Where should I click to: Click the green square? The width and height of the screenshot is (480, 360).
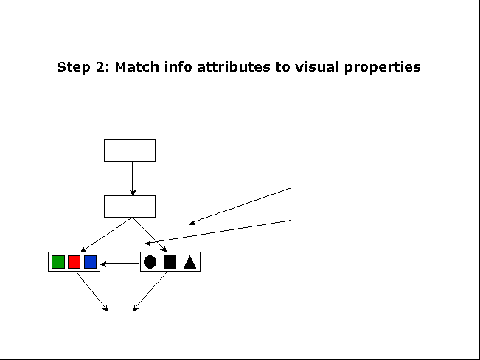tap(58, 262)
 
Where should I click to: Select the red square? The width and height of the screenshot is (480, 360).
tap(74, 262)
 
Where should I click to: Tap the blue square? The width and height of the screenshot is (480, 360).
tap(90, 262)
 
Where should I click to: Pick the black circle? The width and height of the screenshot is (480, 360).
tap(150, 262)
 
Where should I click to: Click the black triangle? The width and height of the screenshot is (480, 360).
tap(189, 262)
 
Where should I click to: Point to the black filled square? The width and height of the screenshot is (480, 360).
tap(170, 262)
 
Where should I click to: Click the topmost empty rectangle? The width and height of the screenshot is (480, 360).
tap(130, 150)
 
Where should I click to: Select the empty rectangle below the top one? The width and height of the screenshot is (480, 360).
tap(130, 207)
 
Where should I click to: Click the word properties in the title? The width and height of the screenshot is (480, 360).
tap(383, 67)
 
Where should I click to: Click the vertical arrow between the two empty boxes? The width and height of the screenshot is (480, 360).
tap(133, 179)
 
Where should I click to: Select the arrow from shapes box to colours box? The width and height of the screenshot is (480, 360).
tap(120, 264)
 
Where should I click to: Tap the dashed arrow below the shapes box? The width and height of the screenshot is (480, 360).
tap(150, 291)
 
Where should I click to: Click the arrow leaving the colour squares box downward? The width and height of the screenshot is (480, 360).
tap(92, 291)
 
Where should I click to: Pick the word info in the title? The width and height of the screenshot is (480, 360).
tap(178, 67)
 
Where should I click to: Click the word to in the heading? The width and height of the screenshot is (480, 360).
tap(282, 67)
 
